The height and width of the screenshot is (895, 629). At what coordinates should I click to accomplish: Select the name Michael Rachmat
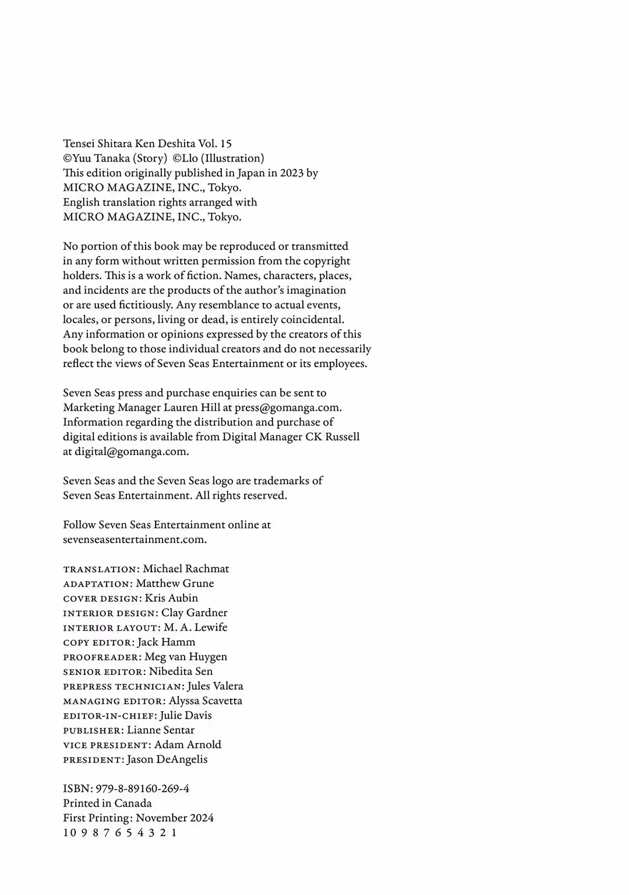click(x=186, y=569)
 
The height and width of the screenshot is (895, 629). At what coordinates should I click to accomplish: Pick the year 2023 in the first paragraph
click(x=291, y=173)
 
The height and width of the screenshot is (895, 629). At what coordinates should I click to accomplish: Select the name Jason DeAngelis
click(x=167, y=759)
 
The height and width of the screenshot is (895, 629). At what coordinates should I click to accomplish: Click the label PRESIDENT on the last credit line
click(x=93, y=760)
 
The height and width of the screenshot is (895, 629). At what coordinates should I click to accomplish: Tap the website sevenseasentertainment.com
click(x=134, y=539)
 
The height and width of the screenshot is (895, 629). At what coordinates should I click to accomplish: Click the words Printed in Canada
click(x=107, y=803)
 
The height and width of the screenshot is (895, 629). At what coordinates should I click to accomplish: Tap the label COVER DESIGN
click(x=101, y=598)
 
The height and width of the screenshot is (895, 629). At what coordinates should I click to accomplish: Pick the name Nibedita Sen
click(x=181, y=671)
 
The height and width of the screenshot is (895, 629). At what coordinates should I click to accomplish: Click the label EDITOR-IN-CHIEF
click(x=109, y=716)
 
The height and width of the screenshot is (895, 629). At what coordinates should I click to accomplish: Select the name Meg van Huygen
click(x=186, y=656)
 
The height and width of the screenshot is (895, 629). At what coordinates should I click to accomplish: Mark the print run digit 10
click(x=69, y=833)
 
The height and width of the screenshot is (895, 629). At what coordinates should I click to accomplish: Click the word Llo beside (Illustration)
click(x=190, y=158)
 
